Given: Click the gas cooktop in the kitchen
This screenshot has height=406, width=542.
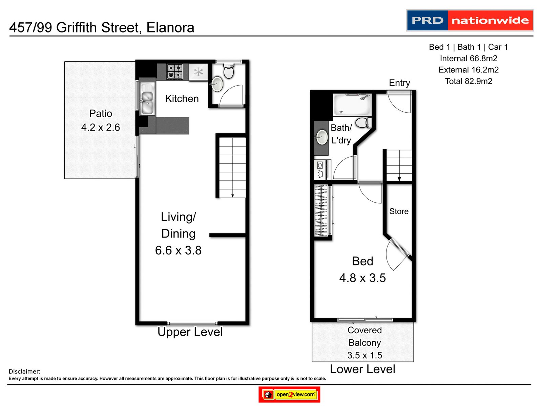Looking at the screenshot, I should [x=174, y=71].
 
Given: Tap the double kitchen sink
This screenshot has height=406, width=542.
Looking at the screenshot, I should [x=147, y=102].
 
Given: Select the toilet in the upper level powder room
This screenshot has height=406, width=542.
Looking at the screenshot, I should [x=229, y=71].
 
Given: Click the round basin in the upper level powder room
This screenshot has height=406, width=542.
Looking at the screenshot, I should [x=216, y=84].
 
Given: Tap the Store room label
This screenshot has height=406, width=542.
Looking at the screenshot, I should [x=399, y=211].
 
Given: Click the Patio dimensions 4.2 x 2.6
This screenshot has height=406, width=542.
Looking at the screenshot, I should [x=101, y=128].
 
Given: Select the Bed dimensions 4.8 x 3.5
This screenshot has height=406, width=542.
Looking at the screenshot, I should [x=362, y=278].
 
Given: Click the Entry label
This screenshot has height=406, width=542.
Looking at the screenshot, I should [x=399, y=83].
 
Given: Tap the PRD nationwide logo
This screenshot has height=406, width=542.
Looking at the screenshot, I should [x=470, y=21].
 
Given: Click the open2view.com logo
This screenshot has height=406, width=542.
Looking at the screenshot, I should [x=289, y=394].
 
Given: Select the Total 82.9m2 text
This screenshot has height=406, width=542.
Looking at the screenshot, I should [x=468, y=81].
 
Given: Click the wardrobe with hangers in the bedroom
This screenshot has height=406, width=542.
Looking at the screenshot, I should [x=322, y=211].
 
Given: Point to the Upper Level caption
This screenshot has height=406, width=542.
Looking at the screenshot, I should [x=190, y=332].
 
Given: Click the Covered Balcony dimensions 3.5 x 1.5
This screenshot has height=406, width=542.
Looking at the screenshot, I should [x=364, y=355].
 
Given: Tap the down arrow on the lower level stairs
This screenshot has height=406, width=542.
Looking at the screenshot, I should [x=399, y=178].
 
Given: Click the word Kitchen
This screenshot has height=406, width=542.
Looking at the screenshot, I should [x=182, y=99].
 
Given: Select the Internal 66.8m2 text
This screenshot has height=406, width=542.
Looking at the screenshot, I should [x=468, y=59].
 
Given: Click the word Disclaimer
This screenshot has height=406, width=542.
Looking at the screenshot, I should [x=24, y=371].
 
